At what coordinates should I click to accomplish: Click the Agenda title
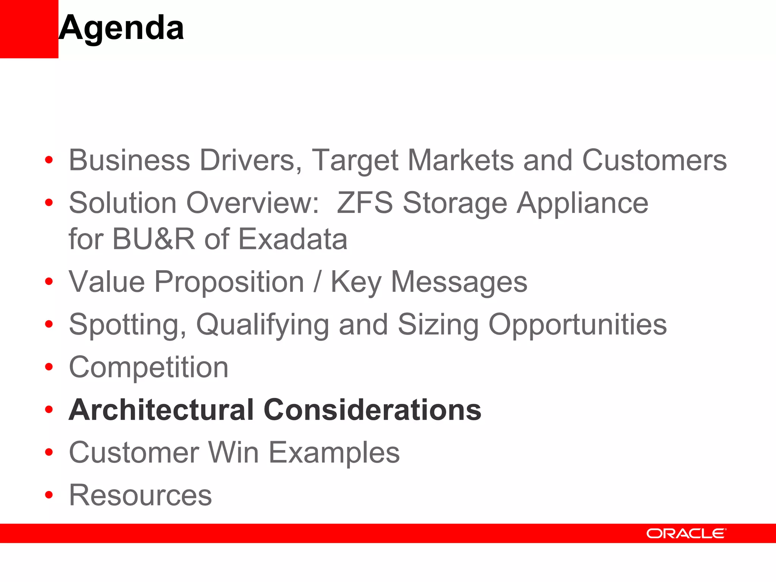[121, 28]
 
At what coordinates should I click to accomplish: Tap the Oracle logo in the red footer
[686, 533]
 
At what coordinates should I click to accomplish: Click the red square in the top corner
[29, 29]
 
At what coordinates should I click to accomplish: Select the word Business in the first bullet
[129, 160]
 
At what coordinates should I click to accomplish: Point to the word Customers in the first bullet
[654, 160]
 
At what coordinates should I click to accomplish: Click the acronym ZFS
[365, 203]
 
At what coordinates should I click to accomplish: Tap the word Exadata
[293, 239]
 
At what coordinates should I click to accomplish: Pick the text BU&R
[153, 239]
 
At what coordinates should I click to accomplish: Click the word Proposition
[229, 282]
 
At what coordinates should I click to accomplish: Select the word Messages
[459, 282]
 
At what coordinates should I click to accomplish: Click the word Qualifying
[263, 325]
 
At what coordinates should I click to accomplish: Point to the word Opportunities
[577, 325]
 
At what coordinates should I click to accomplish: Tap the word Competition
[149, 367]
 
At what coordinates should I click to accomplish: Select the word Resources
[140, 495]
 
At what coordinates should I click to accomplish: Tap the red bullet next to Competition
[49, 367]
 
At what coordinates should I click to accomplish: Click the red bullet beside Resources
[49, 494]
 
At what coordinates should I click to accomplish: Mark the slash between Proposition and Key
[317, 282]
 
